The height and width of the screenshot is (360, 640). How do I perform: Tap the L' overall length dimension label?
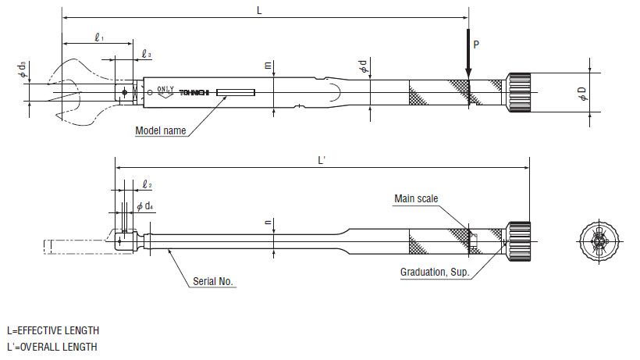pyautogui.click(x=322, y=160)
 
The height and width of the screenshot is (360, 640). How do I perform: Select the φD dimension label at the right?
pyautogui.click(x=582, y=94)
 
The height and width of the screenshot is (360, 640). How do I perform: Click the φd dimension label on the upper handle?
pyautogui.click(x=362, y=68)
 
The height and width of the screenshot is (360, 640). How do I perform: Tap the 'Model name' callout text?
pyautogui.click(x=160, y=131)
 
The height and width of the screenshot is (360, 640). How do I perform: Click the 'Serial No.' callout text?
pyautogui.click(x=214, y=281)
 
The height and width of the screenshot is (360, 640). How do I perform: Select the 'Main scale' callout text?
pyautogui.click(x=415, y=199)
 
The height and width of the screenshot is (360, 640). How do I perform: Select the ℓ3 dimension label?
pyautogui.click(x=147, y=55)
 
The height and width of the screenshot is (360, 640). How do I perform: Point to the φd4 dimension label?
pyautogui.click(x=145, y=206)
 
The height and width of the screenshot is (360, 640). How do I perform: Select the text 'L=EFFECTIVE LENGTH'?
pyautogui.click(x=52, y=331)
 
